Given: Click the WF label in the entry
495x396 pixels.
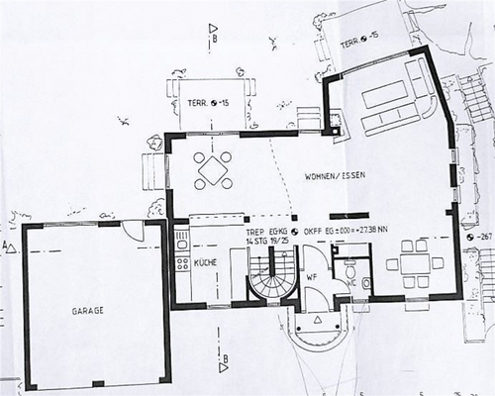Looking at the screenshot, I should coord(310,276).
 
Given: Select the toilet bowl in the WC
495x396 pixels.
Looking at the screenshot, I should coord(364,284).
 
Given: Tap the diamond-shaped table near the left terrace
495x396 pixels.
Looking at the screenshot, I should coord(214,170).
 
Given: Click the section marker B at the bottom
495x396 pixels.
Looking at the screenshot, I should coord(225,359).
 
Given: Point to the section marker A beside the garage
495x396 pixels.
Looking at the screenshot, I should coord(9,245).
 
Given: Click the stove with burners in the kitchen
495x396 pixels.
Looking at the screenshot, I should coord(181,263).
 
